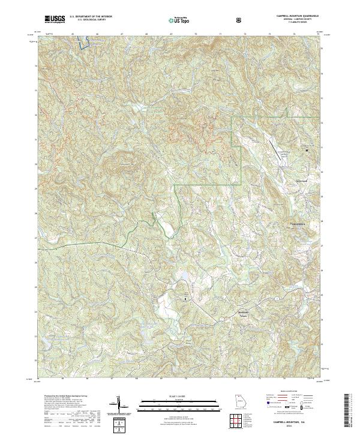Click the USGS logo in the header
55,19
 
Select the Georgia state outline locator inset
238,403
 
